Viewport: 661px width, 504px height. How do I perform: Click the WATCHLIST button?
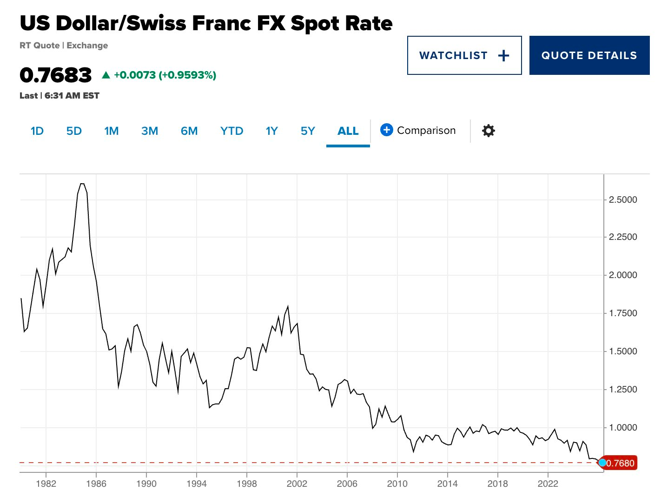[464, 55]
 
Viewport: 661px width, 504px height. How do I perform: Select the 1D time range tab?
[37, 131]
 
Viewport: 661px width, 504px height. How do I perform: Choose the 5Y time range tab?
[308, 131]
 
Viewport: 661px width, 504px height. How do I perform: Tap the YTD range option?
[231, 131]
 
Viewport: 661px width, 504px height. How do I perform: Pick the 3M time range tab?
[150, 131]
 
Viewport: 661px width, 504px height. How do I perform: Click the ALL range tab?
[348, 131]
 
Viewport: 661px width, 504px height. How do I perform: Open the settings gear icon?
[488, 131]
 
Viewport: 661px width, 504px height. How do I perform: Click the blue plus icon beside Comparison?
[386, 130]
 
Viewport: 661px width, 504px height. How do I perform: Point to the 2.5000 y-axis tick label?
[623, 200]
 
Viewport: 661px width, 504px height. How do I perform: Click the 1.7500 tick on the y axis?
[623, 313]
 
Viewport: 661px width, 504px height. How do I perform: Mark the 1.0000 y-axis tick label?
[623, 428]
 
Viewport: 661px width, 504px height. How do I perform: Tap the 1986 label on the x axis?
[96, 484]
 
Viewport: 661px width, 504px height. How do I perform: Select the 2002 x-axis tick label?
[297, 484]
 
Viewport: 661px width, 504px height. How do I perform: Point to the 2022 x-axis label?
[548, 484]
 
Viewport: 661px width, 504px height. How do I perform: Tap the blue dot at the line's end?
[602, 463]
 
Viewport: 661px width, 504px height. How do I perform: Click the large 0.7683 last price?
[56, 75]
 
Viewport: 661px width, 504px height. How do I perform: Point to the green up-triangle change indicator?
[106, 75]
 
